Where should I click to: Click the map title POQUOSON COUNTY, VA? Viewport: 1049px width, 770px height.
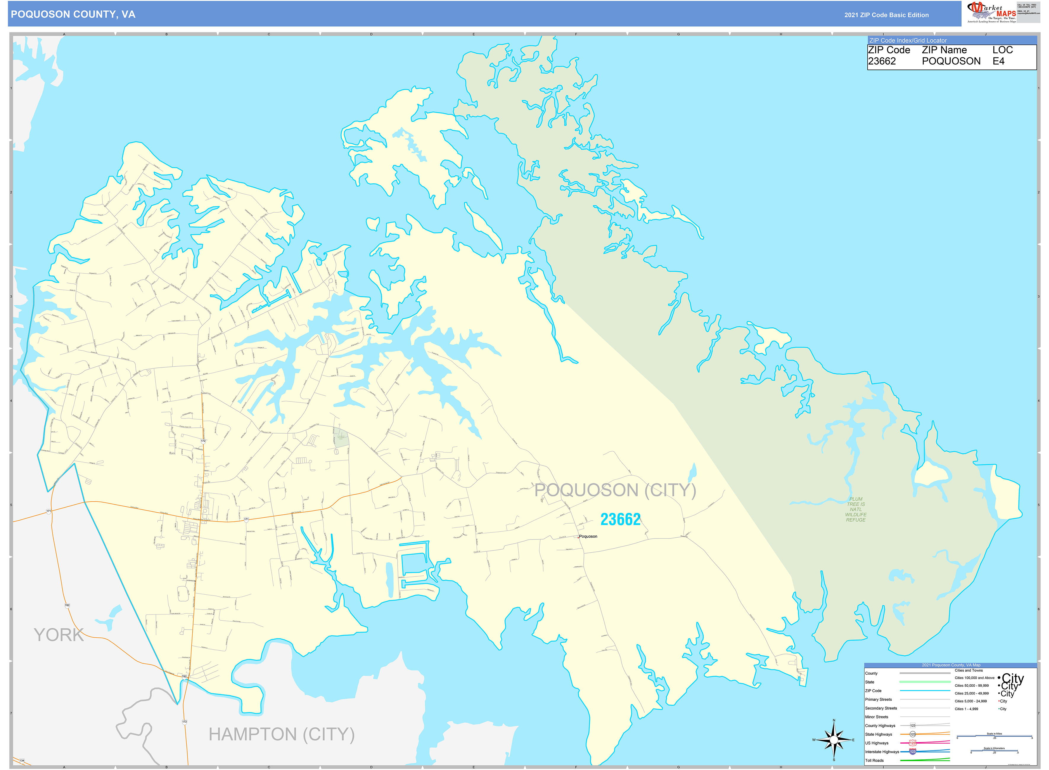pos(73,15)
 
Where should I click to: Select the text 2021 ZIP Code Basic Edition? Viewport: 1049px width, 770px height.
pos(886,15)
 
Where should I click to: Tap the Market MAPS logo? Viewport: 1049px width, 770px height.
pos(991,12)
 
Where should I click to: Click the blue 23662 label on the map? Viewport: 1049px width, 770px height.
pos(620,519)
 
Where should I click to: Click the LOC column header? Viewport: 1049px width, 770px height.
pos(1002,50)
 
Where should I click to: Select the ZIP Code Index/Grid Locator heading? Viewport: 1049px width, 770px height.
pos(908,41)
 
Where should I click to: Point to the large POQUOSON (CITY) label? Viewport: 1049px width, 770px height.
pos(615,490)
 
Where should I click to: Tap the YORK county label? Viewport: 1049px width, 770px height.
pos(59,635)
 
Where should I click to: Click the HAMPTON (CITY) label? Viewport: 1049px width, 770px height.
pos(281,734)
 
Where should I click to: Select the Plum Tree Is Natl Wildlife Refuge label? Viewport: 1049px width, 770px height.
pos(855,509)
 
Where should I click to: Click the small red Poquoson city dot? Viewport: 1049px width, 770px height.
pos(578,537)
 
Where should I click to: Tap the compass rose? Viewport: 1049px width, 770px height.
pos(834,740)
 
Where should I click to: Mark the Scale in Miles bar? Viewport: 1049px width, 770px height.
pos(994,737)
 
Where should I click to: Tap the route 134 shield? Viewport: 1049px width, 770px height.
pos(21,761)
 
